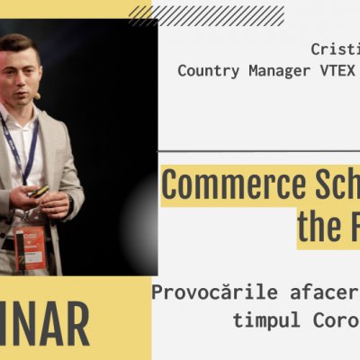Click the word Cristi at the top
335,49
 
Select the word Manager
272,69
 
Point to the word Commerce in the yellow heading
229,185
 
